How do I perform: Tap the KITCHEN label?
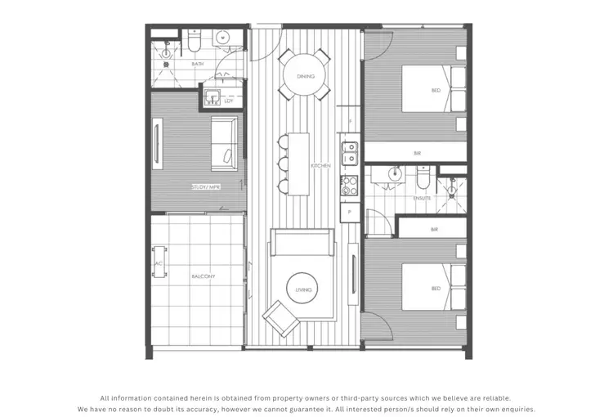point(320,166)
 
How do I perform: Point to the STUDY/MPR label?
point(205,186)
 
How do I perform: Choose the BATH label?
point(197,63)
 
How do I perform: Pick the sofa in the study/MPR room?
point(225,141)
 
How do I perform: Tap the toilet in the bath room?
point(195,39)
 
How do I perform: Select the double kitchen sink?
point(349,153)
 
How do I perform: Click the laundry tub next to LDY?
point(212,98)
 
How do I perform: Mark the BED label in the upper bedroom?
point(436,91)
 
